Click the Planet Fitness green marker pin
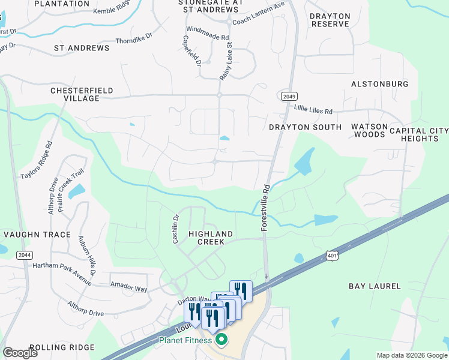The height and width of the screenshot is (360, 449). click(221, 340)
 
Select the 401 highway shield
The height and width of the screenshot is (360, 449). click(334, 256)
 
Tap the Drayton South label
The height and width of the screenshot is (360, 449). click(305, 127)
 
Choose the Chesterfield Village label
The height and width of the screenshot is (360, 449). click(82, 94)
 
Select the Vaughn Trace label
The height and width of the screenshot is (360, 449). click(37, 235)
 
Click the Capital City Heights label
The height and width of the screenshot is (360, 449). click(419, 134)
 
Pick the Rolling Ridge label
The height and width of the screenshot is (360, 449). click(62, 347)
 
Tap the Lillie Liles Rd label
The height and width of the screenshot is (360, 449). click(313, 111)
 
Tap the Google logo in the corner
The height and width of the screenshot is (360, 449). click(20, 353)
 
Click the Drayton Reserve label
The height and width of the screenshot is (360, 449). click(330, 20)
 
